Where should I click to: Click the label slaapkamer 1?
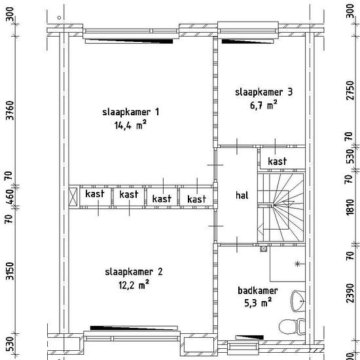[130, 113]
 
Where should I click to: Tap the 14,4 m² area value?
[130, 125]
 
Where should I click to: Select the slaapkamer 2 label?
[134, 272]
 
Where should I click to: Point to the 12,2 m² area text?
[134, 285]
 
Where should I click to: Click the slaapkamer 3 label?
[264, 92]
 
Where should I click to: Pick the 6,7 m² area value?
[264, 105]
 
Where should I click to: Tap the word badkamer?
[258, 291]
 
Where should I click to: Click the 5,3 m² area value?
[258, 303]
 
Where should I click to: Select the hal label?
[242, 196]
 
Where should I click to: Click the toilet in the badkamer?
[292, 326]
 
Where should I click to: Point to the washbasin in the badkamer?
[298, 301]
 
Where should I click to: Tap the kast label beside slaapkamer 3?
[277, 162]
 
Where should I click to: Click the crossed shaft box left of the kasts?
[73, 196]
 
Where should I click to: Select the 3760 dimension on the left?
[10, 110]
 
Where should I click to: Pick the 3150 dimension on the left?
[10, 271]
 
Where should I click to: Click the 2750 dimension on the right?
[350, 90]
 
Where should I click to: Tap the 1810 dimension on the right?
[350, 207]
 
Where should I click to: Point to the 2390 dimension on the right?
[350, 293]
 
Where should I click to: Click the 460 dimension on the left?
[10, 197]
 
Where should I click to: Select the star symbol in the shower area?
[297, 264]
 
